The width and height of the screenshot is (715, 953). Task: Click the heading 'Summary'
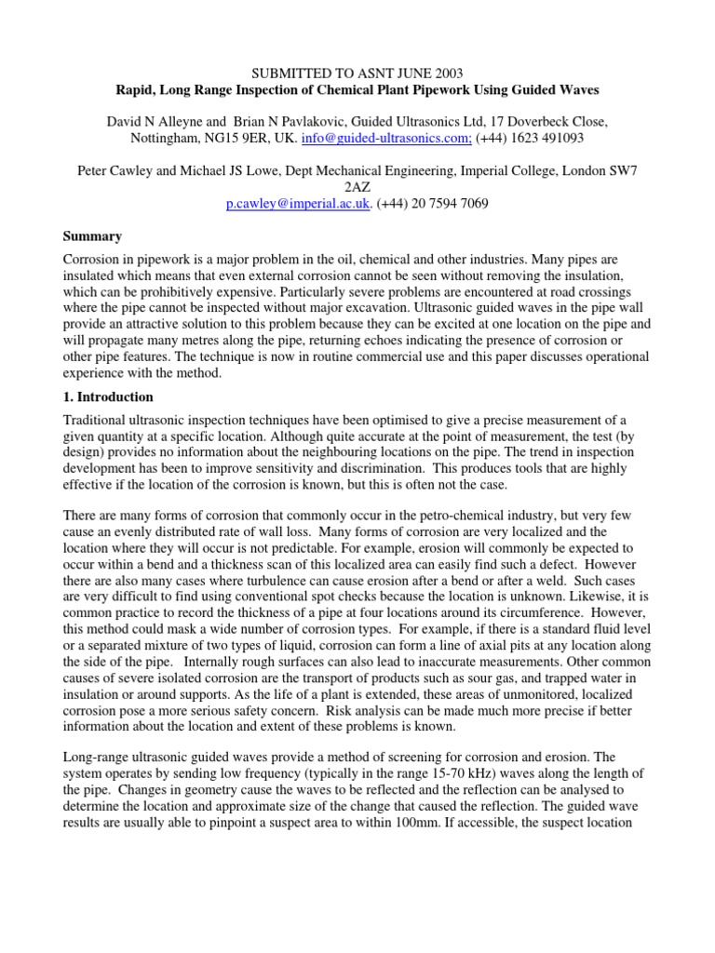[x=91, y=237]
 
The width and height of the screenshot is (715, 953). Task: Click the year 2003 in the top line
[x=446, y=72]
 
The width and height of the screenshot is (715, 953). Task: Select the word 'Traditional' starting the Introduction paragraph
[x=98, y=422]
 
